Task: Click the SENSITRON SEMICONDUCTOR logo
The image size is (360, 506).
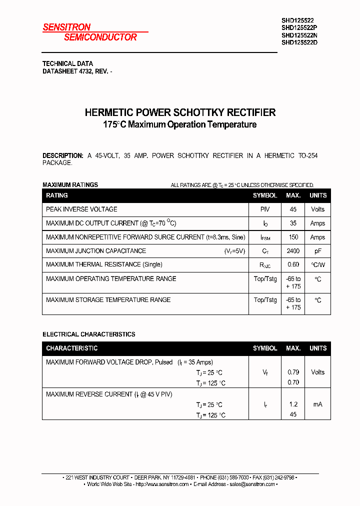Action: (90, 32)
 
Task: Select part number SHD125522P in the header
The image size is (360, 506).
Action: (299, 28)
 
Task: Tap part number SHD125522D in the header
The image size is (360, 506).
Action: (299, 42)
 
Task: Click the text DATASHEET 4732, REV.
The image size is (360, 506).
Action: (75, 71)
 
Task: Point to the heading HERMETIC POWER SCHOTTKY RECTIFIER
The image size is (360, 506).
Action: (180, 112)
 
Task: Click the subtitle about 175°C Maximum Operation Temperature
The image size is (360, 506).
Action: (180, 124)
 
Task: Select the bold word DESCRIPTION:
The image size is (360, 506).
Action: (62, 155)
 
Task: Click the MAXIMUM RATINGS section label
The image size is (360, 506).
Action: (70, 185)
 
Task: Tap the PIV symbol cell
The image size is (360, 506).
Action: (265, 209)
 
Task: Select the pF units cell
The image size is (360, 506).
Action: (317, 251)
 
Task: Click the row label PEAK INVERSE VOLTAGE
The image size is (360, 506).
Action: (81, 209)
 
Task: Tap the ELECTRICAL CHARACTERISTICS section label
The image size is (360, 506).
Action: (88, 334)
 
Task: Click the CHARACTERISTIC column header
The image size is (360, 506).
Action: (71, 348)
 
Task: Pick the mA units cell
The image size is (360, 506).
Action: (317, 404)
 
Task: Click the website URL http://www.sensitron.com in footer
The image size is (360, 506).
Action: (162, 484)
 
